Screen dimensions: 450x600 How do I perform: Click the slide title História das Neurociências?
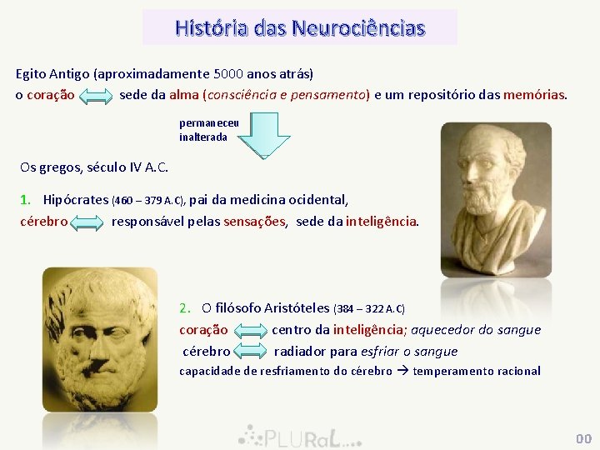click(x=300, y=28)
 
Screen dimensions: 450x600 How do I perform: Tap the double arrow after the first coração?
click(x=96, y=97)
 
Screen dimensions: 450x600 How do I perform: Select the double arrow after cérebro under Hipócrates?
click(x=87, y=222)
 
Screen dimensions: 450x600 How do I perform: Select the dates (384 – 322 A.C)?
click(x=369, y=309)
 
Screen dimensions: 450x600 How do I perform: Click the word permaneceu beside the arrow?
click(x=209, y=122)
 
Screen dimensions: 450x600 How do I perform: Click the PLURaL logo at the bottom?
click(x=299, y=436)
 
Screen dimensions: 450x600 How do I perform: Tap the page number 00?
click(x=582, y=438)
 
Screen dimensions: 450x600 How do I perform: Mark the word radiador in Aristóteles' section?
click(x=299, y=352)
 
